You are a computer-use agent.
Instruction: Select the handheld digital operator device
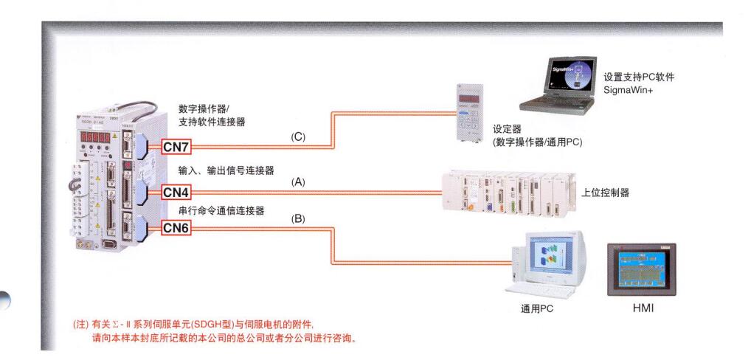pos(470,117)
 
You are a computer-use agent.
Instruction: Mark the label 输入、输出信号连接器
pos(226,171)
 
